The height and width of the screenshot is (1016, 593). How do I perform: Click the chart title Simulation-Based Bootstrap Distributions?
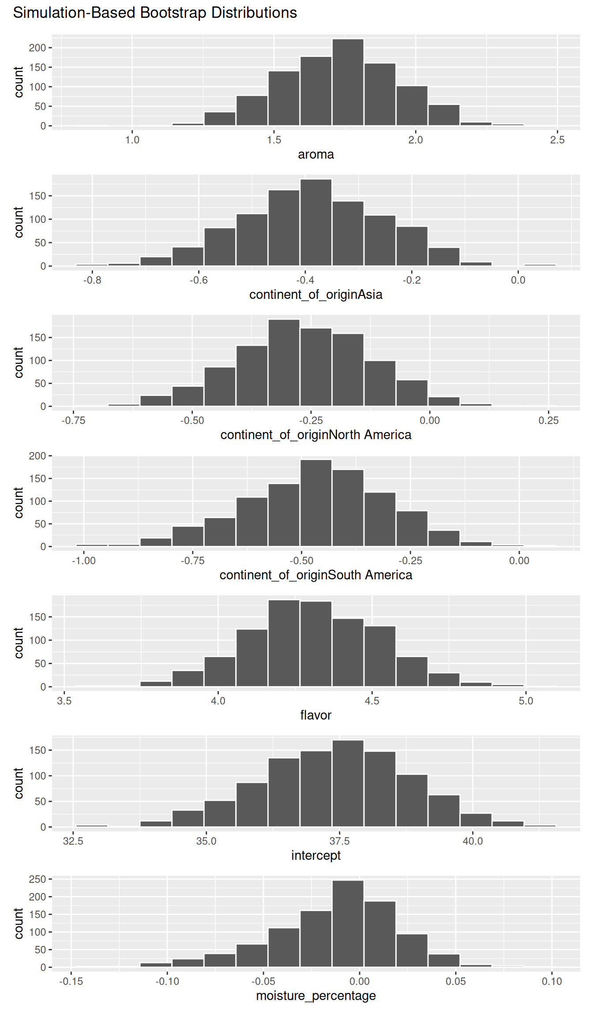pyautogui.click(x=155, y=13)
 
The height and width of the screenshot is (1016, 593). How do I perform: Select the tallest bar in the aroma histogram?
pyautogui.click(x=348, y=82)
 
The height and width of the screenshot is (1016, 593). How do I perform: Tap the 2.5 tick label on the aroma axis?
pyautogui.click(x=557, y=140)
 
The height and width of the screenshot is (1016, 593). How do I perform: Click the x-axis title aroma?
pyautogui.click(x=316, y=154)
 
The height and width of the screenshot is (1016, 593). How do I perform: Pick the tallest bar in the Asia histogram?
pyautogui.click(x=316, y=223)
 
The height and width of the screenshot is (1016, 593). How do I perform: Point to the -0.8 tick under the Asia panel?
pyautogui.click(x=92, y=280)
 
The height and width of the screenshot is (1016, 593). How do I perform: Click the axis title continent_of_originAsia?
pyautogui.click(x=316, y=295)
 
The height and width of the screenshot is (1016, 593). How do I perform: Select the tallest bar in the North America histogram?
pyautogui.click(x=284, y=363)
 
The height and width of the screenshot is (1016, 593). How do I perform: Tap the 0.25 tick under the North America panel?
pyautogui.click(x=548, y=420)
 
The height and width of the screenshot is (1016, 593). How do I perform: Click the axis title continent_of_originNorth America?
pyautogui.click(x=316, y=435)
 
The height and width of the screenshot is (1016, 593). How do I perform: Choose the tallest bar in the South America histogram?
pyautogui.click(x=316, y=503)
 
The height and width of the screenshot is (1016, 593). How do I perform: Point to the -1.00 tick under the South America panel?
pyautogui.click(x=84, y=560)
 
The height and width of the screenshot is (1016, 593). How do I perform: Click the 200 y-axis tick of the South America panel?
pyautogui.click(x=38, y=456)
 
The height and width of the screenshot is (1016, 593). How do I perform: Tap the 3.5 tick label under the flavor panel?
pyautogui.click(x=64, y=701)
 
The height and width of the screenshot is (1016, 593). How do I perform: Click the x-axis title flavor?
pyautogui.click(x=316, y=715)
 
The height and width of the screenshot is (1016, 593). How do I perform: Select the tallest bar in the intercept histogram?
pyautogui.click(x=348, y=784)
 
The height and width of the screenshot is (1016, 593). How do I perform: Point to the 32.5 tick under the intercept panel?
pyautogui.click(x=73, y=841)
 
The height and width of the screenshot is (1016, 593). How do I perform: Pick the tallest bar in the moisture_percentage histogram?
pyautogui.click(x=348, y=924)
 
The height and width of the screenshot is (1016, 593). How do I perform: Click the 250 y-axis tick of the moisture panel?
pyautogui.click(x=38, y=879)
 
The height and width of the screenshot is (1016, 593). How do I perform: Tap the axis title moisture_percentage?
pyautogui.click(x=316, y=996)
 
